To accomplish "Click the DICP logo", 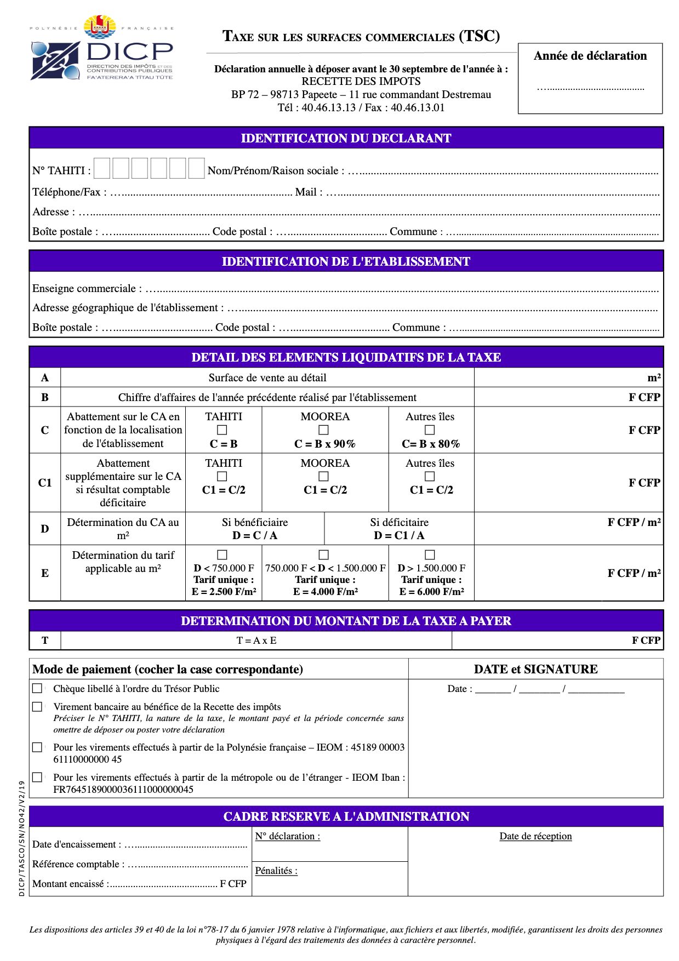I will (102, 49).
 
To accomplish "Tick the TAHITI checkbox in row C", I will (222, 430).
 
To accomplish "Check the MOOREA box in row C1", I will (324, 477).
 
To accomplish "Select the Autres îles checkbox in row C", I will (430, 430).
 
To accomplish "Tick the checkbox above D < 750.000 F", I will (222, 555).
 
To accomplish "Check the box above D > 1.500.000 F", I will (430, 555).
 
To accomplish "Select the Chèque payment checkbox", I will (37, 688).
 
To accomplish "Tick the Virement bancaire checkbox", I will (37, 707).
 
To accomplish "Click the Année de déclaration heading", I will (590, 56).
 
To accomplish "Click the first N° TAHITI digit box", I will (102, 168).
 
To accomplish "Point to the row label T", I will (45, 640).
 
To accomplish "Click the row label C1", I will (45, 483).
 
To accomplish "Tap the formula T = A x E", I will (256, 640).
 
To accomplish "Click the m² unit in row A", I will (654, 378).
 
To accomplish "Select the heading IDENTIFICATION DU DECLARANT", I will (346, 138).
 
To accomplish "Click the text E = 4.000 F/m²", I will (326, 592).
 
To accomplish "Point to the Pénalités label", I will (276, 871).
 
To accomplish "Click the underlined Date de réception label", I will (535, 836).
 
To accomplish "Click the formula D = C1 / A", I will (399, 535).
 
